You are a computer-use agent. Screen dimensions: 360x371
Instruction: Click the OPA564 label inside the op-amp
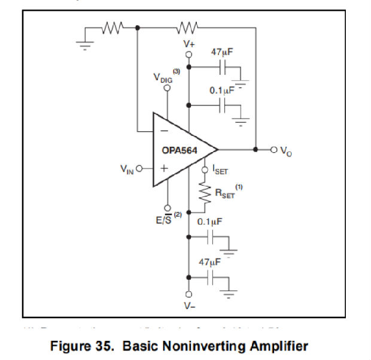[x=180, y=150]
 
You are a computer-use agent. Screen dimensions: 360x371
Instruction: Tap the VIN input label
[x=127, y=169]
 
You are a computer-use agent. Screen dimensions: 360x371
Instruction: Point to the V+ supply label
[x=188, y=44]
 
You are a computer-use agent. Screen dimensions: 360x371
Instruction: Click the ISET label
[x=220, y=171]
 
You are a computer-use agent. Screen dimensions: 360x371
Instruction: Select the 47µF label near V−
[x=209, y=262]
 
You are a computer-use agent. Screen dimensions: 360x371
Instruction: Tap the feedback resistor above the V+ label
[x=187, y=28]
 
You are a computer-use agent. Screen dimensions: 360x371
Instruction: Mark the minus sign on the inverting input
[x=163, y=130]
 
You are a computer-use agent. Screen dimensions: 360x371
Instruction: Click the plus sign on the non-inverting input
[x=163, y=168]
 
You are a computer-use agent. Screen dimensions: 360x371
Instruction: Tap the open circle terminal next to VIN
[x=140, y=168]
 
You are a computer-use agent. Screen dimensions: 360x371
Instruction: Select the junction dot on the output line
[x=256, y=149]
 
